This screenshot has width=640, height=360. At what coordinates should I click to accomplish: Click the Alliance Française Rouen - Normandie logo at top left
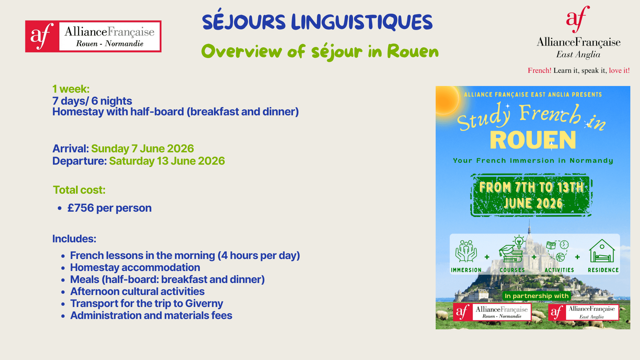(93, 36)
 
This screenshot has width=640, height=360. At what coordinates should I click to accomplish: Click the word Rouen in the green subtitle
(413, 51)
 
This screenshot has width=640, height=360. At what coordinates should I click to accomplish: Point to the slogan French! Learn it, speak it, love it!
(579, 70)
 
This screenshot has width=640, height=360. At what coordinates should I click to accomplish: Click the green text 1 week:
(71, 89)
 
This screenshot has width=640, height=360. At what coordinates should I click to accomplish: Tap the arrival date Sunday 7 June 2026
(142, 148)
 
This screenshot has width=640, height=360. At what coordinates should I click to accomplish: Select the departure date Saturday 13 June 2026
(167, 161)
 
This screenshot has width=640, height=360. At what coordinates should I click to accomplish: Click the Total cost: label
(79, 190)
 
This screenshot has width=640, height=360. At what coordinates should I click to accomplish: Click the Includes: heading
(74, 239)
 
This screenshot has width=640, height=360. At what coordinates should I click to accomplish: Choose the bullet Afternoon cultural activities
(137, 291)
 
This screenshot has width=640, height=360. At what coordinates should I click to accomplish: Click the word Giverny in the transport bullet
(204, 304)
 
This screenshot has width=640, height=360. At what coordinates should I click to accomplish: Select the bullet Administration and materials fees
(151, 315)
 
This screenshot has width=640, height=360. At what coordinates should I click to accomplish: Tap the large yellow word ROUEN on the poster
(533, 140)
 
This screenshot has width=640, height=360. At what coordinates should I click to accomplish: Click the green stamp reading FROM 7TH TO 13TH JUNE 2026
(531, 195)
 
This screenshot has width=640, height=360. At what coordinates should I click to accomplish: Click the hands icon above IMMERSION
(466, 251)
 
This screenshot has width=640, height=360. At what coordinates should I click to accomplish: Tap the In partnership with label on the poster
(537, 296)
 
